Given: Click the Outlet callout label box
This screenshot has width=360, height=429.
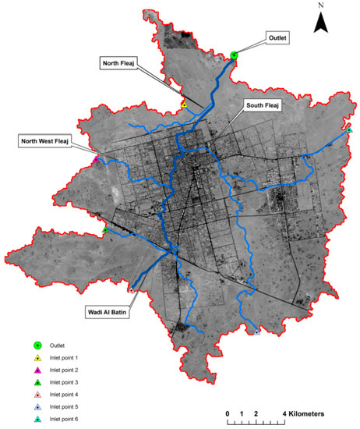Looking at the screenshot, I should tap(277, 37).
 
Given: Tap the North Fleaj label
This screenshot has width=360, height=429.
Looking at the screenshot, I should tap(118, 62).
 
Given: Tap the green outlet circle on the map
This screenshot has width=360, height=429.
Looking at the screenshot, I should tap(234, 55).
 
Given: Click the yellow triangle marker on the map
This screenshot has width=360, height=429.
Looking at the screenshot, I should tap(184, 105).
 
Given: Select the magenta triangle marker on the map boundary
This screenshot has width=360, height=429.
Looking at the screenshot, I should tap(96, 161).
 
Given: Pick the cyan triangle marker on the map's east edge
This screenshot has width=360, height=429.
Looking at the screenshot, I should tap(350, 129).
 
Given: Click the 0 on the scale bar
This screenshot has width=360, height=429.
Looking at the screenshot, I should tap(228, 412).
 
